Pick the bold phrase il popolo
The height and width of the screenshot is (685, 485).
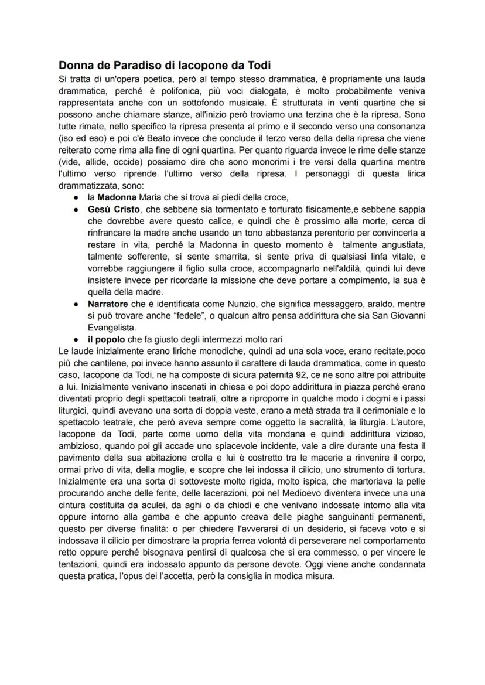tap(106, 340)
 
